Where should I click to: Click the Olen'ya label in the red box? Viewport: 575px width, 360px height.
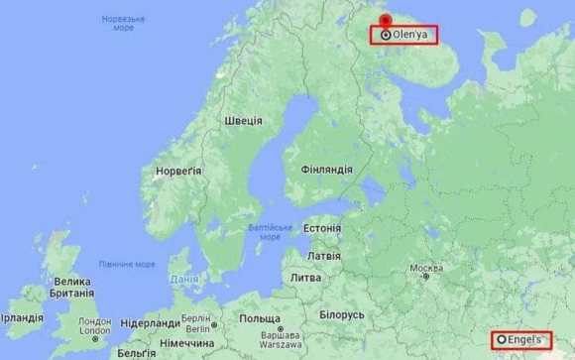[409, 35]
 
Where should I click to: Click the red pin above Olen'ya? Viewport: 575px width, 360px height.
[385, 22]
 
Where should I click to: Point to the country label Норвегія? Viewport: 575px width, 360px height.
[178, 171]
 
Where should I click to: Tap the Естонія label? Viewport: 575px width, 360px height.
[321, 227]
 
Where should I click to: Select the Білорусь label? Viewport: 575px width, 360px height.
[342, 314]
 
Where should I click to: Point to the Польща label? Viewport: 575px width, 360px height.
[260, 319]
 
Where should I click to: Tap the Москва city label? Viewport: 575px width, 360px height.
[426, 269]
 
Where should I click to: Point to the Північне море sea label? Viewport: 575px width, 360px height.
[127, 264]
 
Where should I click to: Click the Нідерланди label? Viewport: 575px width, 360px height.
[150, 323]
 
